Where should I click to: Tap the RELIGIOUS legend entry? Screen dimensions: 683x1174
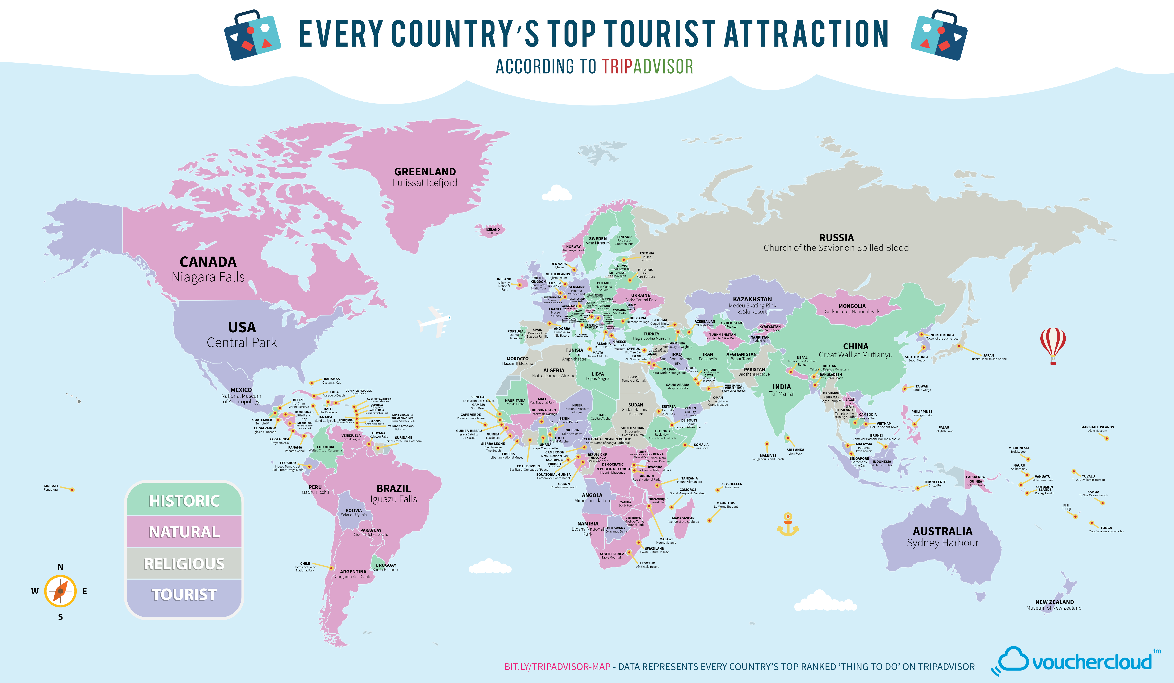[184, 564]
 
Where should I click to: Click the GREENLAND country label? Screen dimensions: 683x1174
[425, 171]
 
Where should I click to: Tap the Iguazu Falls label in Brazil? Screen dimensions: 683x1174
[394, 499]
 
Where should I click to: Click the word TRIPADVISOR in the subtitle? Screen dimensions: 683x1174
[647, 67]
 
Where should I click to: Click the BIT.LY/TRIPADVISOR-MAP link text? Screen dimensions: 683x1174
[557, 667]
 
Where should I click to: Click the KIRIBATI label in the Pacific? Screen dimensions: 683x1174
[51, 486]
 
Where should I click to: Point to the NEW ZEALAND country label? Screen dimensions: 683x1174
[1054, 602]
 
